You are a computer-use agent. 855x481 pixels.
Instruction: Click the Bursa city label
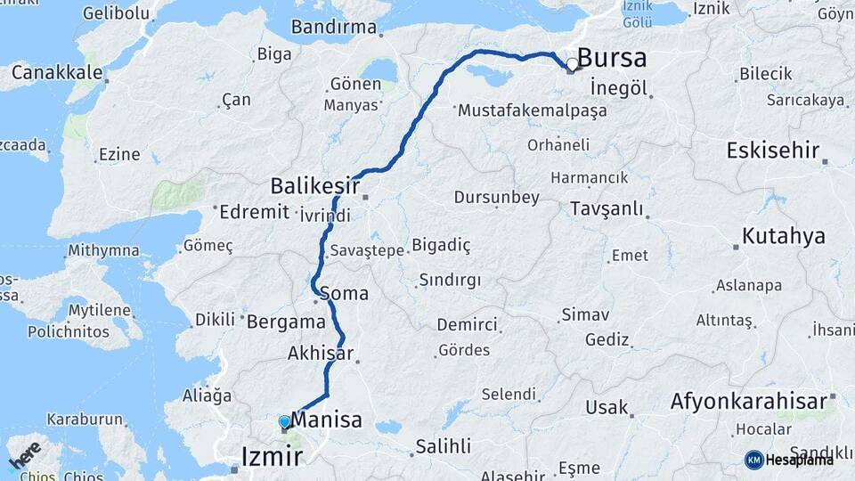[x=612, y=59]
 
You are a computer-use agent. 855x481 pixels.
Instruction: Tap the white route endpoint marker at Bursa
[x=572, y=64]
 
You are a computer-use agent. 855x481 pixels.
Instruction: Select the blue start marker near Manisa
[x=284, y=421]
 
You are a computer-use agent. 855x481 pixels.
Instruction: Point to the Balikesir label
[x=314, y=186]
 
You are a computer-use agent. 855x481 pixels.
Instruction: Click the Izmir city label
[x=272, y=458]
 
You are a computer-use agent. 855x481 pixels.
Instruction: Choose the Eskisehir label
[x=772, y=150]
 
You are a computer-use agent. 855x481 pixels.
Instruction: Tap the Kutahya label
[x=784, y=236]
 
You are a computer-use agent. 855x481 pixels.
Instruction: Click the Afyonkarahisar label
[x=748, y=402]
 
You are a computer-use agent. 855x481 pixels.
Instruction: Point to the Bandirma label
[x=333, y=27]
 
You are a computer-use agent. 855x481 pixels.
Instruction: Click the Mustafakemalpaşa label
[x=532, y=111]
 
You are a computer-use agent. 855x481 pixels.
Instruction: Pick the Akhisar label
[x=321, y=354]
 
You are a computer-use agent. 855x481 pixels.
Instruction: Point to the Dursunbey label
[x=497, y=197]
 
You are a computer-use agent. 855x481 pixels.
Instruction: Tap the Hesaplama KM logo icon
[x=753, y=460]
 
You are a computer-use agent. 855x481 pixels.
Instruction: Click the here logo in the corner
[x=25, y=454]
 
